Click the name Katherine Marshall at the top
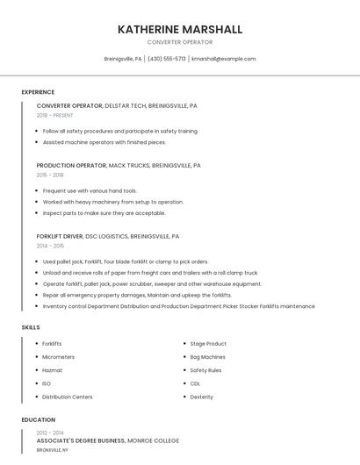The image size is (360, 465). [180, 30]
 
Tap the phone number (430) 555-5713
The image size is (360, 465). [166, 59]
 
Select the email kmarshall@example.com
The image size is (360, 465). [224, 59]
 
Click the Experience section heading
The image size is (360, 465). [38, 92]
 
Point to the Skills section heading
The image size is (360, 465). [31, 327]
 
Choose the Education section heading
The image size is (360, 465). [39, 419]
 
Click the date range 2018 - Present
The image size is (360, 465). [55, 115]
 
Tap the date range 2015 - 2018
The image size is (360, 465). [50, 175]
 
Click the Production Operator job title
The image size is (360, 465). [71, 165]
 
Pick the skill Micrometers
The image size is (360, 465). [58, 357]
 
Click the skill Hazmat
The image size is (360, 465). [52, 370]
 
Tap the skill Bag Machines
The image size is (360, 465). [208, 357]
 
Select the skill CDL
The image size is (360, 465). [195, 383]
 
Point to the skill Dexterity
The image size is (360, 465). [202, 397]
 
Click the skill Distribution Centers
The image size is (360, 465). [67, 397]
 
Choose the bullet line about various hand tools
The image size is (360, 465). [90, 190]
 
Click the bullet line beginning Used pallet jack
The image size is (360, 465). [125, 261]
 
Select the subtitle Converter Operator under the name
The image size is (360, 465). [180, 41]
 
